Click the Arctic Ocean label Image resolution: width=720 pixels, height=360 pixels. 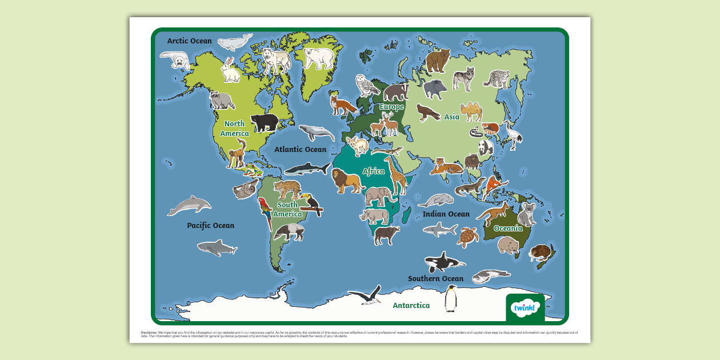point(189,41)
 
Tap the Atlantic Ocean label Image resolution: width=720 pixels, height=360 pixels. point(300,150)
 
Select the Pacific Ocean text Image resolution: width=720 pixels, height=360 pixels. point(210,226)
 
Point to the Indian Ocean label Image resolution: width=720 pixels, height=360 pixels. point(446,214)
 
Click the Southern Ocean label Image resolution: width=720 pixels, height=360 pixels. point(435,279)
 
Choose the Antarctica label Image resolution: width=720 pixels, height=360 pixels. point(411,306)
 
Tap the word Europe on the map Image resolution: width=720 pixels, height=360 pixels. point(391,107)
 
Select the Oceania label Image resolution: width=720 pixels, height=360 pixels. point(508,229)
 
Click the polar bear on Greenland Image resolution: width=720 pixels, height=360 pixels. point(318,57)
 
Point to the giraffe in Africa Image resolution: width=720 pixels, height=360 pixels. point(395,174)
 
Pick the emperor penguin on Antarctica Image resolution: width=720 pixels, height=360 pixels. point(451,298)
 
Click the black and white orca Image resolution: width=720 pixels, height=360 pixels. point(443,262)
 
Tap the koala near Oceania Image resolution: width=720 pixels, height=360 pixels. point(526,214)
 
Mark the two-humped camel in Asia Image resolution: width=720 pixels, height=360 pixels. point(471,111)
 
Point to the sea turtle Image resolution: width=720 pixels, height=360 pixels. point(468,237)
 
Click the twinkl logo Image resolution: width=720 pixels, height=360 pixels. point(525,309)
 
